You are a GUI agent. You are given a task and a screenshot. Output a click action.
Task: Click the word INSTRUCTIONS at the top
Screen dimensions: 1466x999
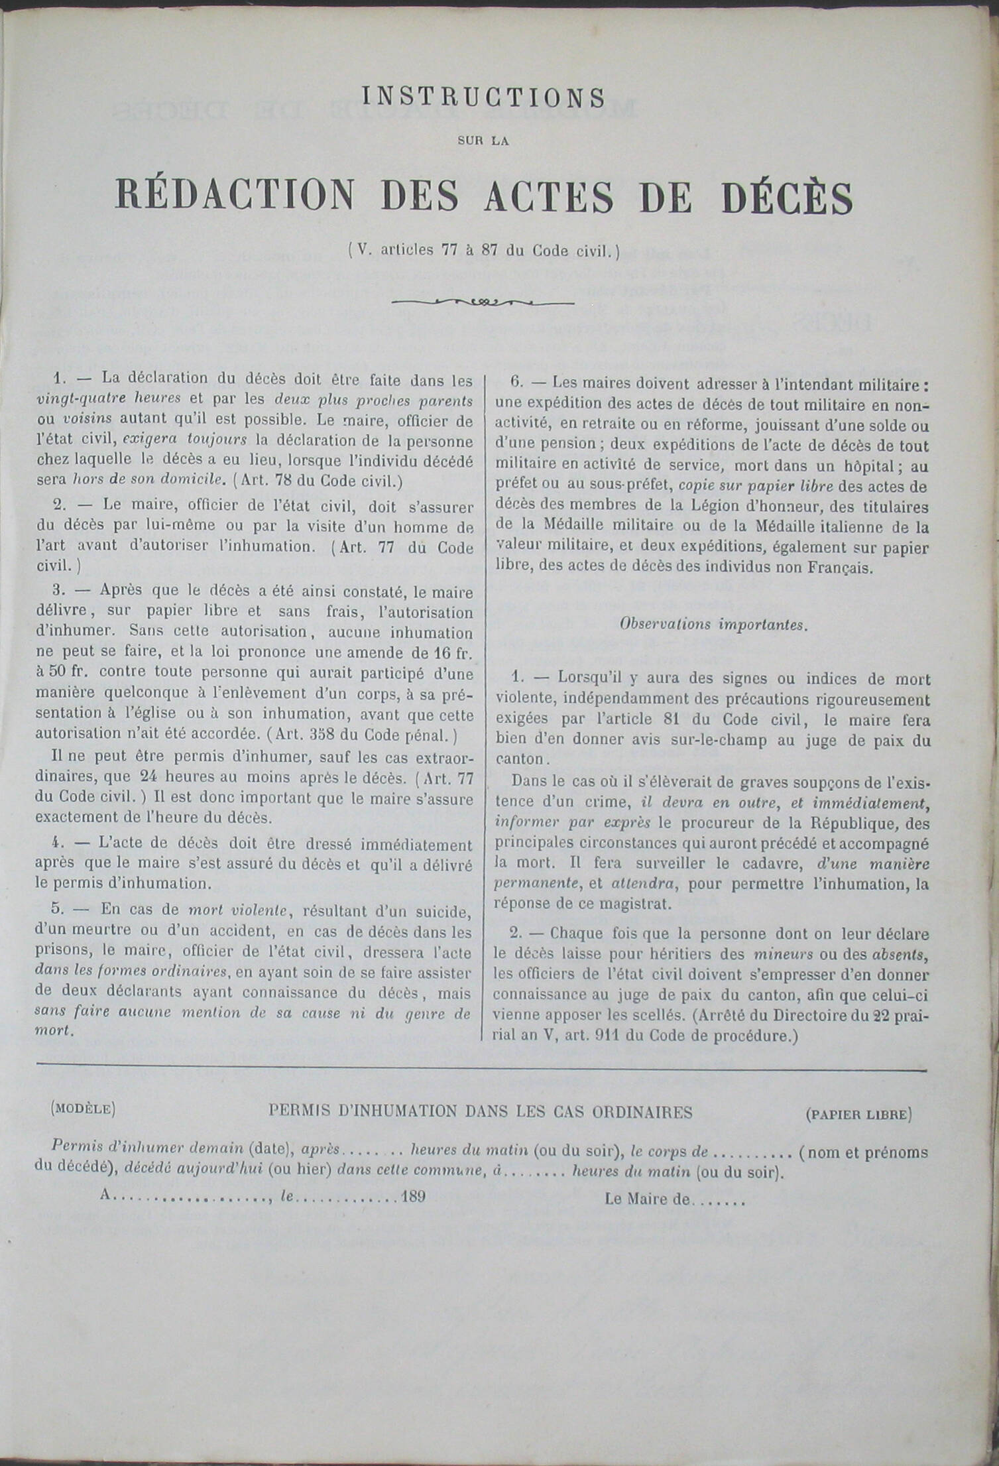click(484, 97)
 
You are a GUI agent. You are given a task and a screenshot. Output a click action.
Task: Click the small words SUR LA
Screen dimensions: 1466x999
click(483, 141)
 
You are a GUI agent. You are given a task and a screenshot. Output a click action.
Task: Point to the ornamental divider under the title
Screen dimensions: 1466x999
click(483, 302)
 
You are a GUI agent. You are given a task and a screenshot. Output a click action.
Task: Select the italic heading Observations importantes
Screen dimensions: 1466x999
click(713, 625)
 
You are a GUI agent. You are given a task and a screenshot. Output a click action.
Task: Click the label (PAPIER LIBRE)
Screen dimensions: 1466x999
click(858, 1115)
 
